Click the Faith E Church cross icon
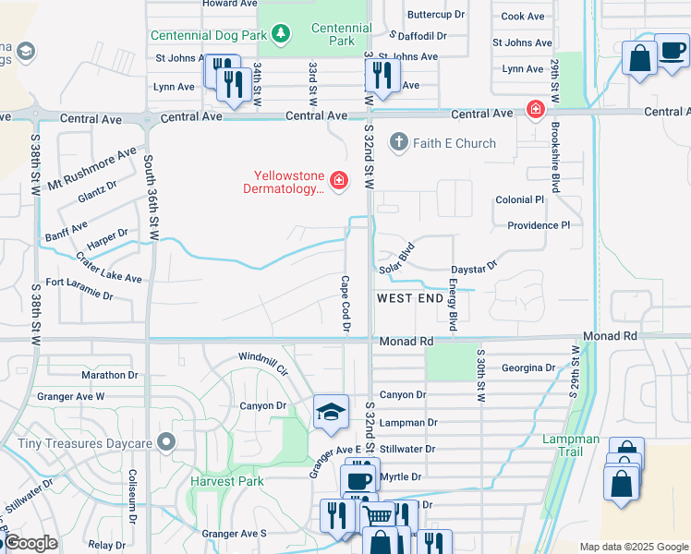(398, 143)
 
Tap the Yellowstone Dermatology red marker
(339, 179)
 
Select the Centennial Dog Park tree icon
(281, 35)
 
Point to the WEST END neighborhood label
(410, 299)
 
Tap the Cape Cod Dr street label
(346, 304)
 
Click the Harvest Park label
(227, 481)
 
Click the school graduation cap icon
(331, 413)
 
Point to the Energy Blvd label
(454, 307)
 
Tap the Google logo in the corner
(30, 543)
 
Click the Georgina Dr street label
(527, 367)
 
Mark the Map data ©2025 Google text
(632, 547)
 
